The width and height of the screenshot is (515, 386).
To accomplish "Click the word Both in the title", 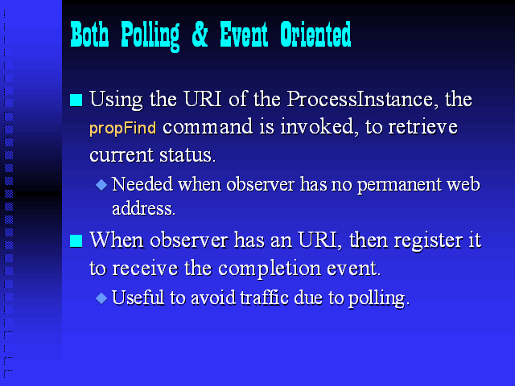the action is pyautogui.click(x=89, y=35).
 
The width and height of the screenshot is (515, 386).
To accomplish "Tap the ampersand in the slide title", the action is pyautogui.click(x=200, y=34).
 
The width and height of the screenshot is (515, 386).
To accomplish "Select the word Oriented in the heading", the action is pyautogui.click(x=315, y=34).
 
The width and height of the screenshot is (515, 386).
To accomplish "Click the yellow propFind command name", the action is pyautogui.click(x=122, y=128).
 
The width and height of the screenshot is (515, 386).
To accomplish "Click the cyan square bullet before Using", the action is pyautogui.click(x=76, y=100).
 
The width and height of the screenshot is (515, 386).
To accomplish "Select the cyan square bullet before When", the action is pyautogui.click(x=76, y=241).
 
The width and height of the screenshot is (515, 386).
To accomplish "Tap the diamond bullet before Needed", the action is pyautogui.click(x=101, y=185).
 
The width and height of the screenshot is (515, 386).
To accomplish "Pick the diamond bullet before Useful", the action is pyautogui.click(x=101, y=298).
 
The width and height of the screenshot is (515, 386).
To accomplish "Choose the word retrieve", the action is pyautogui.click(x=423, y=127).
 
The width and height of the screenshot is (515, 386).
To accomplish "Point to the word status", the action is pyautogui.click(x=187, y=155).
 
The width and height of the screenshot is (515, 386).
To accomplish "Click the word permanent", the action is pyautogui.click(x=399, y=185).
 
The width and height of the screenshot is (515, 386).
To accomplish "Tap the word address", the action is pyautogui.click(x=144, y=208).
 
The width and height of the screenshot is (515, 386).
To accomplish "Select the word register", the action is pyautogui.click(x=426, y=241).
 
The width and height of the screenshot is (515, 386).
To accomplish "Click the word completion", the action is pyautogui.click(x=270, y=269).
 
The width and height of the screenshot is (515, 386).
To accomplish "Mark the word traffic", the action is pyautogui.click(x=265, y=298).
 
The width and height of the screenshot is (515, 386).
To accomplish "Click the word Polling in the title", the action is pyautogui.click(x=150, y=35).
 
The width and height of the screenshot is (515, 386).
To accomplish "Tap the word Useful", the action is pyautogui.click(x=138, y=298).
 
